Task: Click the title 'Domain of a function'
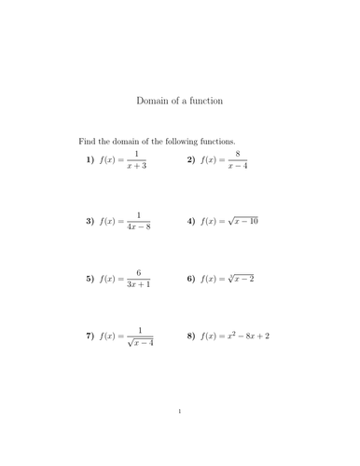[180, 100]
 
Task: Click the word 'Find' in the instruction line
[87, 141]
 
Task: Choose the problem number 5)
[90, 278]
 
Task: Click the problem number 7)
[90, 336]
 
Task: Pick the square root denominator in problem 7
[140, 343]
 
